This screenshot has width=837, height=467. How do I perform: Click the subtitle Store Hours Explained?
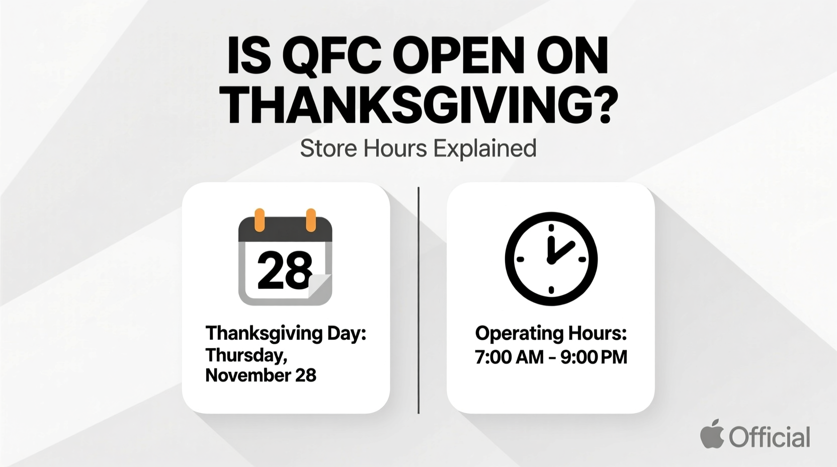point(418,148)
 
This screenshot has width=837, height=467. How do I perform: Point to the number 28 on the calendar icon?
point(285,270)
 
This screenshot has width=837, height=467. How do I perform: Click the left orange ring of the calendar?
point(260,220)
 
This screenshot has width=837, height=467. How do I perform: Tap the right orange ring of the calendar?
point(311,220)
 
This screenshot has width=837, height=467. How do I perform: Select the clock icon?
point(551,259)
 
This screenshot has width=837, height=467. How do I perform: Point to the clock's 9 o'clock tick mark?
point(521,260)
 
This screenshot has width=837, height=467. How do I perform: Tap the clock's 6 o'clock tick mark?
point(551,290)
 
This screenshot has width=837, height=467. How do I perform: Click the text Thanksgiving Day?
point(286,333)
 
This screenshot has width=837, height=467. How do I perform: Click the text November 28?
point(261,375)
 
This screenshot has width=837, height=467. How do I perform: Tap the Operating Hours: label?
point(551,333)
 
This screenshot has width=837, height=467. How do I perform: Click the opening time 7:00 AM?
point(509,357)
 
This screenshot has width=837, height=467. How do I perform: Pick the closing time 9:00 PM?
point(594,357)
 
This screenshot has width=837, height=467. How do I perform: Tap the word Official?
point(770,437)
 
